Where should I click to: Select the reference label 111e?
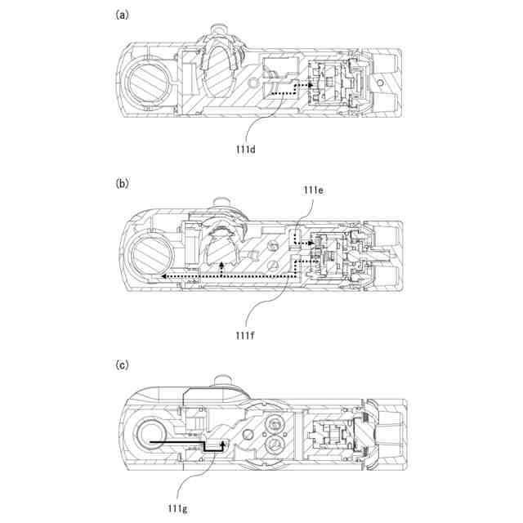click(x=314, y=191)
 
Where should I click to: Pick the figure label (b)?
click(x=123, y=184)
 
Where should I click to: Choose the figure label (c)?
click(x=123, y=365)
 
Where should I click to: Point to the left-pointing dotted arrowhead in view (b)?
click(x=163, y=278)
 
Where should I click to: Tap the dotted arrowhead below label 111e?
click(x=310, y=242)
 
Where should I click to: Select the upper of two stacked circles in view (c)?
click(x=275, y=422)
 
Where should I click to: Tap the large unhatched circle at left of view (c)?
click(x=151, y=436)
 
